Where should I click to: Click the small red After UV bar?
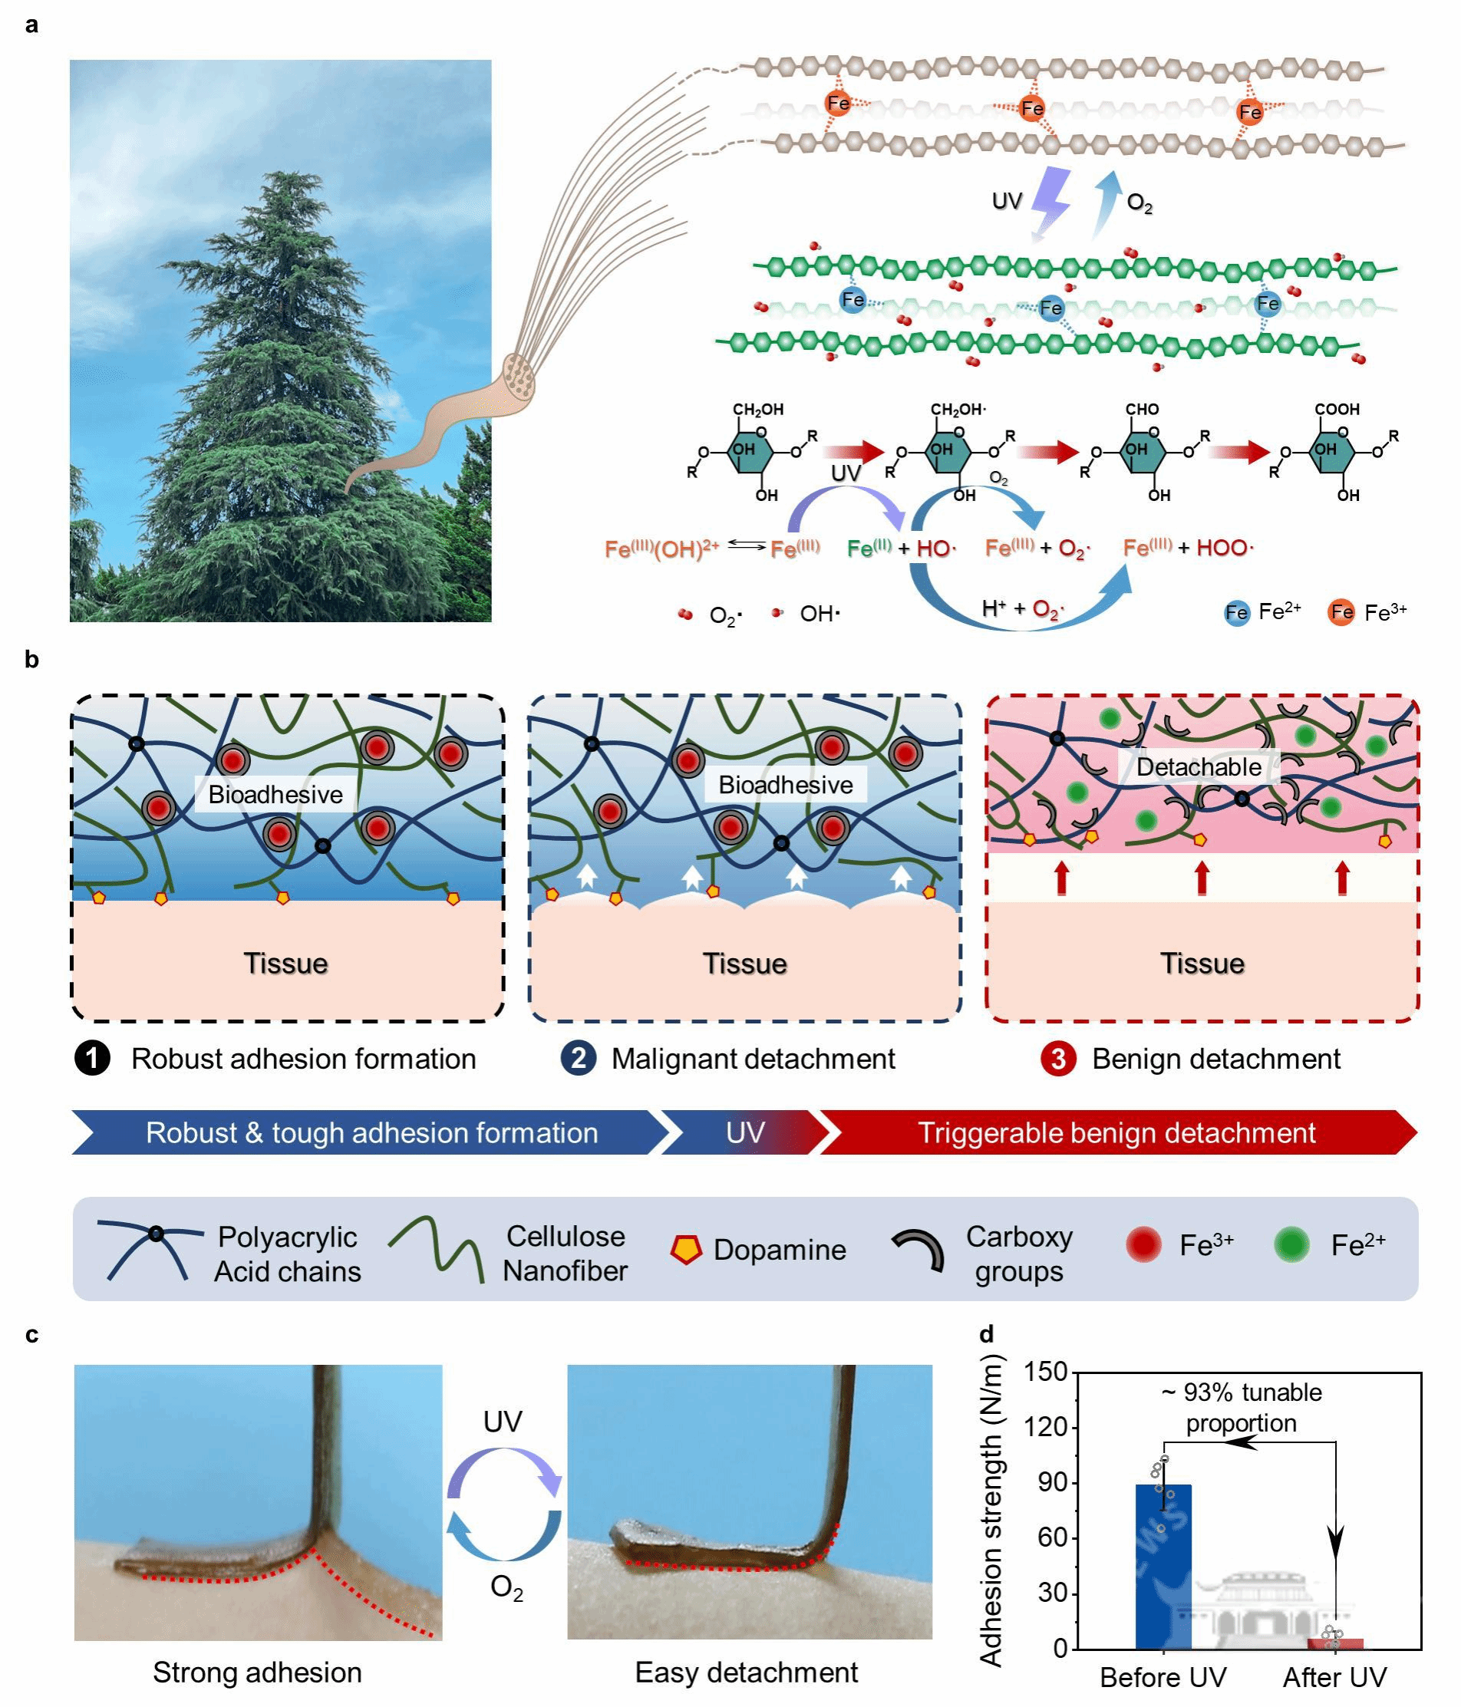(1335, 1643)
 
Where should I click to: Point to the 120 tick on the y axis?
(1046, 1428)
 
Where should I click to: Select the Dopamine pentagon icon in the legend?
(685, 1249)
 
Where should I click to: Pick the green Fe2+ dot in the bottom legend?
(1291, 1245)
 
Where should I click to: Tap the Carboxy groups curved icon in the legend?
(918, 1249)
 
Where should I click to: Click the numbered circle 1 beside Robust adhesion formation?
(92, 1059)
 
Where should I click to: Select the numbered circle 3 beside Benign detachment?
(1058, 1059)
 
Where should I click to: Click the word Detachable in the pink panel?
(1198, 767)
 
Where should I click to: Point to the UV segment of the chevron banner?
(745, 1133)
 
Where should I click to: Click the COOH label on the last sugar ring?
(1337, 410)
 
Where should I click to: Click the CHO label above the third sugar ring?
(1141, 410)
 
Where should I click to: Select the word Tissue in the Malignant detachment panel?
(745, 963)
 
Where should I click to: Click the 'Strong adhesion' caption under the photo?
(257, 1672)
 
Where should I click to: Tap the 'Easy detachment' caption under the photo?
(746, 1672)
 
